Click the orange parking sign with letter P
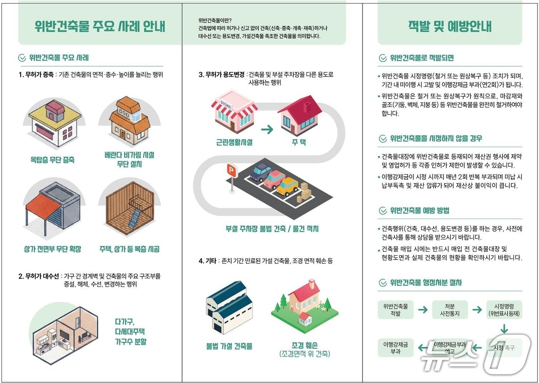tap(231, 170)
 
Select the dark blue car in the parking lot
tap(261, 171)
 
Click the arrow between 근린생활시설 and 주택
tap(267, 129)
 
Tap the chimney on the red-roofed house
tap(307, 107)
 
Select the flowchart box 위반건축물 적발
tap(395, 310)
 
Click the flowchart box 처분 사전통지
tap(450, 310)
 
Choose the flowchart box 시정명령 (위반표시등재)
tap(504, 310)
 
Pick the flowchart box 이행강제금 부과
tap(395, 348)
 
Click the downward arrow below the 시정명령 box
tap(504, 329)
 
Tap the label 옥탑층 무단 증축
tap(52, 160)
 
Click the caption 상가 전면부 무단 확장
tap(53, 249)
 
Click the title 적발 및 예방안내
tap(450, 26)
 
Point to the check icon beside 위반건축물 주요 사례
tap(22, 58)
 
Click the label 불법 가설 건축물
tap(229, 346)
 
